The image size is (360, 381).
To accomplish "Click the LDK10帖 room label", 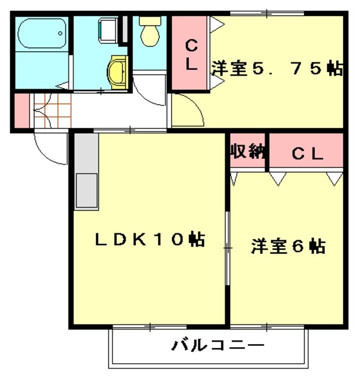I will [x=150, y=239].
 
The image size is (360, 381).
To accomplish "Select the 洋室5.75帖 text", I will [x=277, y=68].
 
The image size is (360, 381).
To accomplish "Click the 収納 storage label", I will [x=247, y=152].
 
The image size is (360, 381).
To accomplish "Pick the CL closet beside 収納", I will [x=308, y=154].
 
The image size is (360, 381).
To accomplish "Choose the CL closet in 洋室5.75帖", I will [x=190, y=54].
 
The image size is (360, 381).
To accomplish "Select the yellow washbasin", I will [x=117, y=72].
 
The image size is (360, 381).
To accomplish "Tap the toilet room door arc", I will [x=148, y=89].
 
